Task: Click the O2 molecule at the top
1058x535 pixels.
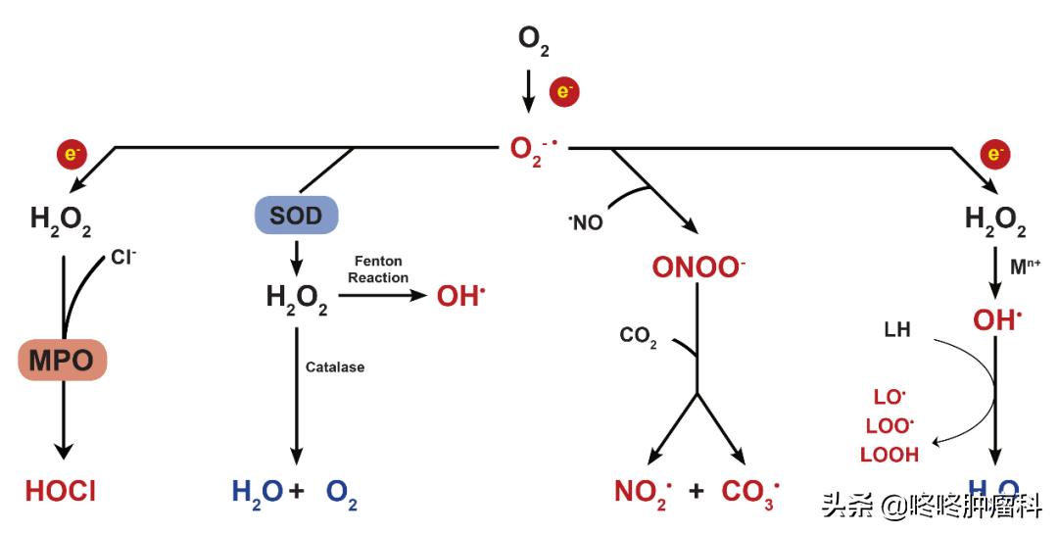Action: pyautogui.click(x=533, y=40)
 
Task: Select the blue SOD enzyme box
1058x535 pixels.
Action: pyautogui.click(x=295, y=216)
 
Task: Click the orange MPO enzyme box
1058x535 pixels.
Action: pyautogui.click(x=61, y=361)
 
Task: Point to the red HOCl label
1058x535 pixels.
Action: pyautogui.click(x=61, y=491)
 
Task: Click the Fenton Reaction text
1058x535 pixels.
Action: pyautogui.click(x=378, y=269)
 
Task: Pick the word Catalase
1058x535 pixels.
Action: pyautogui.click(x=334, y=367)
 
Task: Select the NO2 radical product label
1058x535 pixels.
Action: pyautogui.click(x=643, y=491)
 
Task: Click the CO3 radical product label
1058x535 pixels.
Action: pyautogui.click(x=750, y=491)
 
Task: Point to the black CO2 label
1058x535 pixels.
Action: pyautogui.click(x=638, y=336)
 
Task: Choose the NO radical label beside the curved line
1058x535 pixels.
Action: pyautogui.click(x=586, y=222)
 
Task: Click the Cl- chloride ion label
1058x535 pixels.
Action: pyautogui.click(x=123, y=258)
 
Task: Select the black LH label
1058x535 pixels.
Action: pyautogui.click(x=896, y=330)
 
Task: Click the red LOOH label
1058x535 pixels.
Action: pyautogui.click(x=889, y=455)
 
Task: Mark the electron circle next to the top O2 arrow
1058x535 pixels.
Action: pyautogui.click(x=564, y=92)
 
